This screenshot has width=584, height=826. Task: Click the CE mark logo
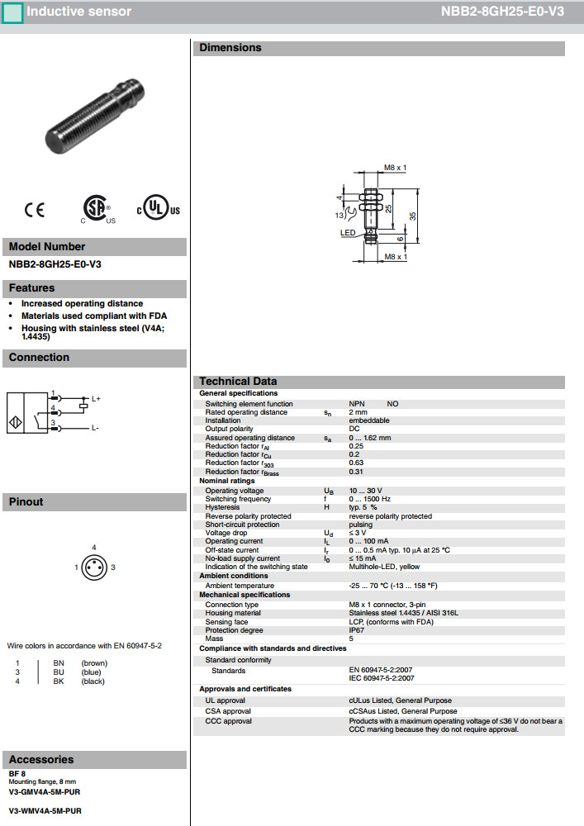click(35, 211)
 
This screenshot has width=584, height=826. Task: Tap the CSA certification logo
click(97, 209)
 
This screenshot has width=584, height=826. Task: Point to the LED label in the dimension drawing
click(348, 233)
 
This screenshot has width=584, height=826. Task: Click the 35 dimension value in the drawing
click(412, 215)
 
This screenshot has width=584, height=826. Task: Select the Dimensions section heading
click(230, 48)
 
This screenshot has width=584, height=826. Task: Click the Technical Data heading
click(238, 382)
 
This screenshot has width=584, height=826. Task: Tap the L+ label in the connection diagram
click(96, 399)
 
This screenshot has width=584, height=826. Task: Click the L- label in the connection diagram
click(95, 428)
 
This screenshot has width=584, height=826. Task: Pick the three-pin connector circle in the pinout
click(93, 567)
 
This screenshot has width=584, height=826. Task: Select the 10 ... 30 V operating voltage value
click(365, 491)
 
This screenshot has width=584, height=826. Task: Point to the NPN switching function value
click(357, 404)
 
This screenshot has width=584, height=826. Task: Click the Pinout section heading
click(26, 501)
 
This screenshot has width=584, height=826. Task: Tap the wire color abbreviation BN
click(59, 662)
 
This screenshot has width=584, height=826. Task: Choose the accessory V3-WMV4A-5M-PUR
click(45, 811)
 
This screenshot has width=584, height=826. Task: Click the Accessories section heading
click(41, 759)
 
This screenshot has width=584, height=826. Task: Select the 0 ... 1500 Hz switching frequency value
click(370, 499)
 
